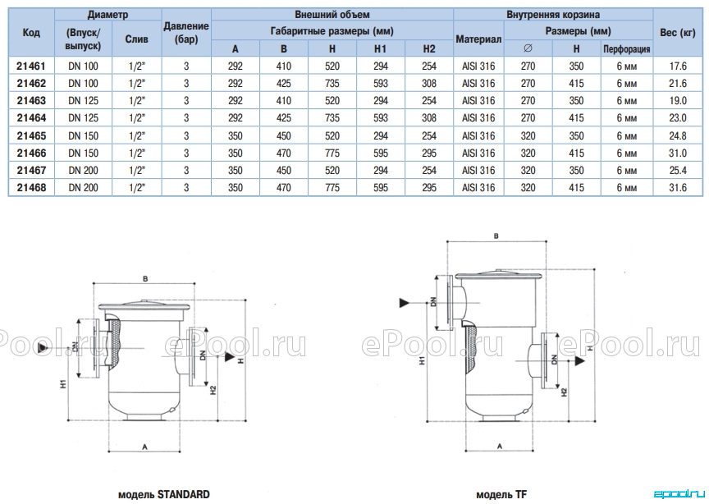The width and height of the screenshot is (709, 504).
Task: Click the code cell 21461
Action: coord(31,66)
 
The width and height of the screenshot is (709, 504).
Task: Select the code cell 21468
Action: coord(31,187)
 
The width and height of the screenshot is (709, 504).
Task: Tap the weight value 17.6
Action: coord(678,66)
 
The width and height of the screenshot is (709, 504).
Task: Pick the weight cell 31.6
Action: coord(678,187)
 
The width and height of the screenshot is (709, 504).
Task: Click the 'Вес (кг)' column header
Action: coord(677,33)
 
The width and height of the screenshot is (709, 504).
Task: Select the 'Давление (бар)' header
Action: coord(185,33)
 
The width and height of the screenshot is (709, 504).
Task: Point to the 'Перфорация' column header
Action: coord(626,49)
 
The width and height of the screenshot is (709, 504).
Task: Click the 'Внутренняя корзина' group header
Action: coord(553,15)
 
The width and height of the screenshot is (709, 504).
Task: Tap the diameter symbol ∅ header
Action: coord(528,48)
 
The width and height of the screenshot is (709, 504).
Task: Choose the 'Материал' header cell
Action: coord(478,39)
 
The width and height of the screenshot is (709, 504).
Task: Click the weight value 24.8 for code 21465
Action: coord(678,135)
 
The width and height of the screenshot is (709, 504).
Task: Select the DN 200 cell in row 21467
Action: coord(83,170)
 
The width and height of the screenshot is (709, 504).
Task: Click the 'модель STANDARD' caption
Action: coord(163,494)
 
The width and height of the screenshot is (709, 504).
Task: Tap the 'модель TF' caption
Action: coord(501,494)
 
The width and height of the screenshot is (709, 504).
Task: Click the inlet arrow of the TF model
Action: coord(405,303)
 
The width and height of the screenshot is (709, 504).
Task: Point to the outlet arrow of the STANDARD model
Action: coord(230,357)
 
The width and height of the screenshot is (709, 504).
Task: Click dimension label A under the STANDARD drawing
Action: coord(144,447)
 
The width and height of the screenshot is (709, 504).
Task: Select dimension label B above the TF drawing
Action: coord(496,236)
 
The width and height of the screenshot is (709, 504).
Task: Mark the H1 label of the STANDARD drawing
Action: coord(63,383)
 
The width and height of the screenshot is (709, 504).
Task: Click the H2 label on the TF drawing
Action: coord(564,392)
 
